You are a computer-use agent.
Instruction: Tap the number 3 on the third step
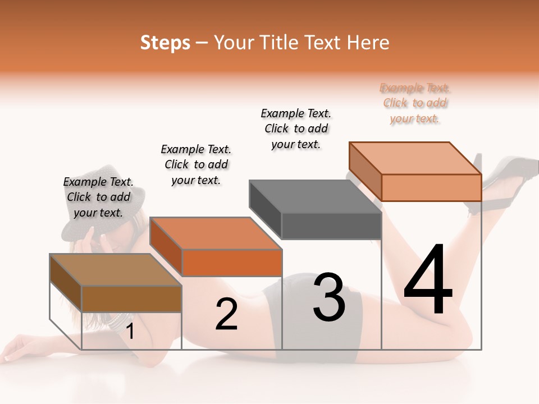[x=329, y=297]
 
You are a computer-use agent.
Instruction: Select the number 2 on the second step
[x=226, y=314]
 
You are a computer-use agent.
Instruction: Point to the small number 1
[x=130, y=332]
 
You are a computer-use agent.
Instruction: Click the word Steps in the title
[x=165, y=43]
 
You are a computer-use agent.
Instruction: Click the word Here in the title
[x=369, y=43]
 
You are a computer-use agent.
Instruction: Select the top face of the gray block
[x=314, y=197]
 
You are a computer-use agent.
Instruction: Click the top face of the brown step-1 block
[x=116, y=270]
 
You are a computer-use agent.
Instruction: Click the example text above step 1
[x=98, y=197]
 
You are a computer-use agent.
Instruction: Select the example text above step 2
[x=196, y=164]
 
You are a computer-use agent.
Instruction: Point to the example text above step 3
[x=296, y=128]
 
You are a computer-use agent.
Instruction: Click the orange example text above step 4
[x=415, y=103]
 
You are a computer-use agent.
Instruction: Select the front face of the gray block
[x=331, y=226]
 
